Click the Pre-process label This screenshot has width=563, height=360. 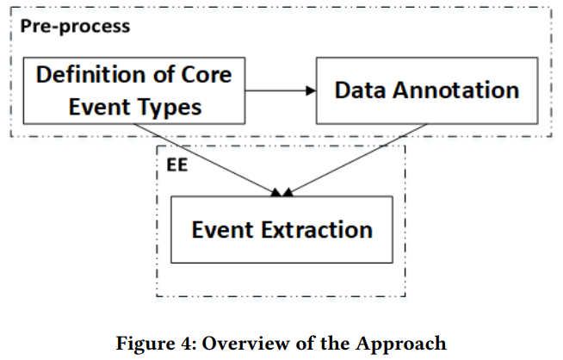pyautogui.click(x=75, y=27)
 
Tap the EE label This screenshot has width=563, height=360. pyautogui.click(x=177, y=165)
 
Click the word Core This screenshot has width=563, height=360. pyautogui.click(x=206, y=75)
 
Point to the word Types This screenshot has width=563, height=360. pyautogui.click(x=171, y=109)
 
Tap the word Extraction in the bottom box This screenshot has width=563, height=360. pyautogui.click(x=317, y=230)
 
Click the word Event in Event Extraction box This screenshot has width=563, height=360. pyautogui.click(x=222, y=230)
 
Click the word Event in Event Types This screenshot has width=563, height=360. pyautogui.click(x=100, y=107)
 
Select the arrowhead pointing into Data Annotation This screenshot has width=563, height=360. pyautogui.click(x=311, y=91)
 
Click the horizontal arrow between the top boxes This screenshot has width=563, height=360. pyautogui.click(x=281, y=91)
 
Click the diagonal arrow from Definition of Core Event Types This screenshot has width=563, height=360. pyautogui.click(x=207, y=160)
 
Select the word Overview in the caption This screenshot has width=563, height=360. pyautogui.click(x=246, y=343)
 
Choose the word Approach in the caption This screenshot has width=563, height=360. pyautogui.click(x=401, y=344)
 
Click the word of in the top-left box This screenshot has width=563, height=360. pyautogui.click(x=164, y=74)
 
